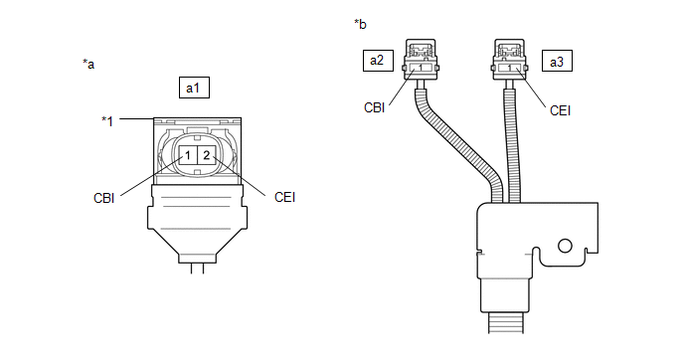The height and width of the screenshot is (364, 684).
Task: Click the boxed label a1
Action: coord(194,88)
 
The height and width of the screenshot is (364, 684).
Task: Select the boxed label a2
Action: coord(378,61)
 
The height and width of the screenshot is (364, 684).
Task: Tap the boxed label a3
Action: coord(557,61)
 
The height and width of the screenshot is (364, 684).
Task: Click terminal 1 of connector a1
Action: coord(188,155)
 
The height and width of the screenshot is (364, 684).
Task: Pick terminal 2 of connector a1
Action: coord(207,155)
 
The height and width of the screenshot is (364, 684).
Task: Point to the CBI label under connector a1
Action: coord(103,198)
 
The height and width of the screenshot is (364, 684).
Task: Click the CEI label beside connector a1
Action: coord(285,197)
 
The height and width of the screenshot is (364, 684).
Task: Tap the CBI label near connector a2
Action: coord(374,107)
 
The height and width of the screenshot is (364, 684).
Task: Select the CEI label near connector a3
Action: coord(560,110)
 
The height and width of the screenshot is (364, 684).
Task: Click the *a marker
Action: coord(88,65)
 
